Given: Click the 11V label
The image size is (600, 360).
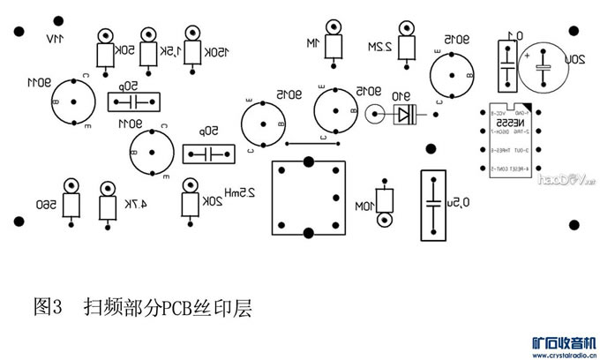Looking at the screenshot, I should click(56, 39).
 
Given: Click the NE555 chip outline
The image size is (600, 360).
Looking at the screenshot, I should click(513, 143).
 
